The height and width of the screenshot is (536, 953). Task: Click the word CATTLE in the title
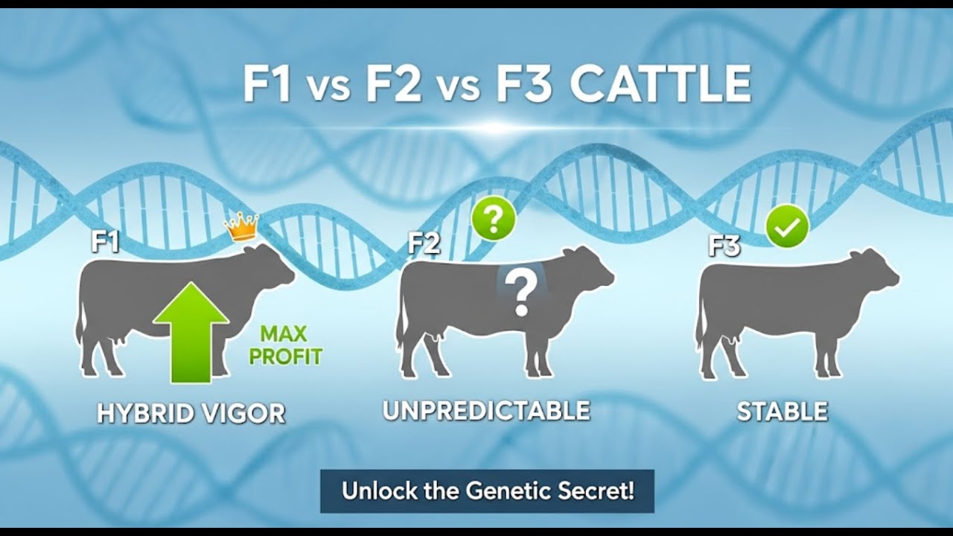660,86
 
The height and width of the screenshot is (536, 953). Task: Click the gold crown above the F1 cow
241,226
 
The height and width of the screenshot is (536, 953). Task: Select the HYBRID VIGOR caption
191,413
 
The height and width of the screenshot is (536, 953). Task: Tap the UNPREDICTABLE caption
486,410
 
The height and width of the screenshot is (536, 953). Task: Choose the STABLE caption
782,412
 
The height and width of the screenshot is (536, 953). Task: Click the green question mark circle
493,219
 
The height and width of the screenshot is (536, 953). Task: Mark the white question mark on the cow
521,292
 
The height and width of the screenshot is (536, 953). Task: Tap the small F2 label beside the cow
424,244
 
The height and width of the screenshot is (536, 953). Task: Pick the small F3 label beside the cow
724,246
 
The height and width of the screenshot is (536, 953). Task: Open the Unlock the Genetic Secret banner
487,491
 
